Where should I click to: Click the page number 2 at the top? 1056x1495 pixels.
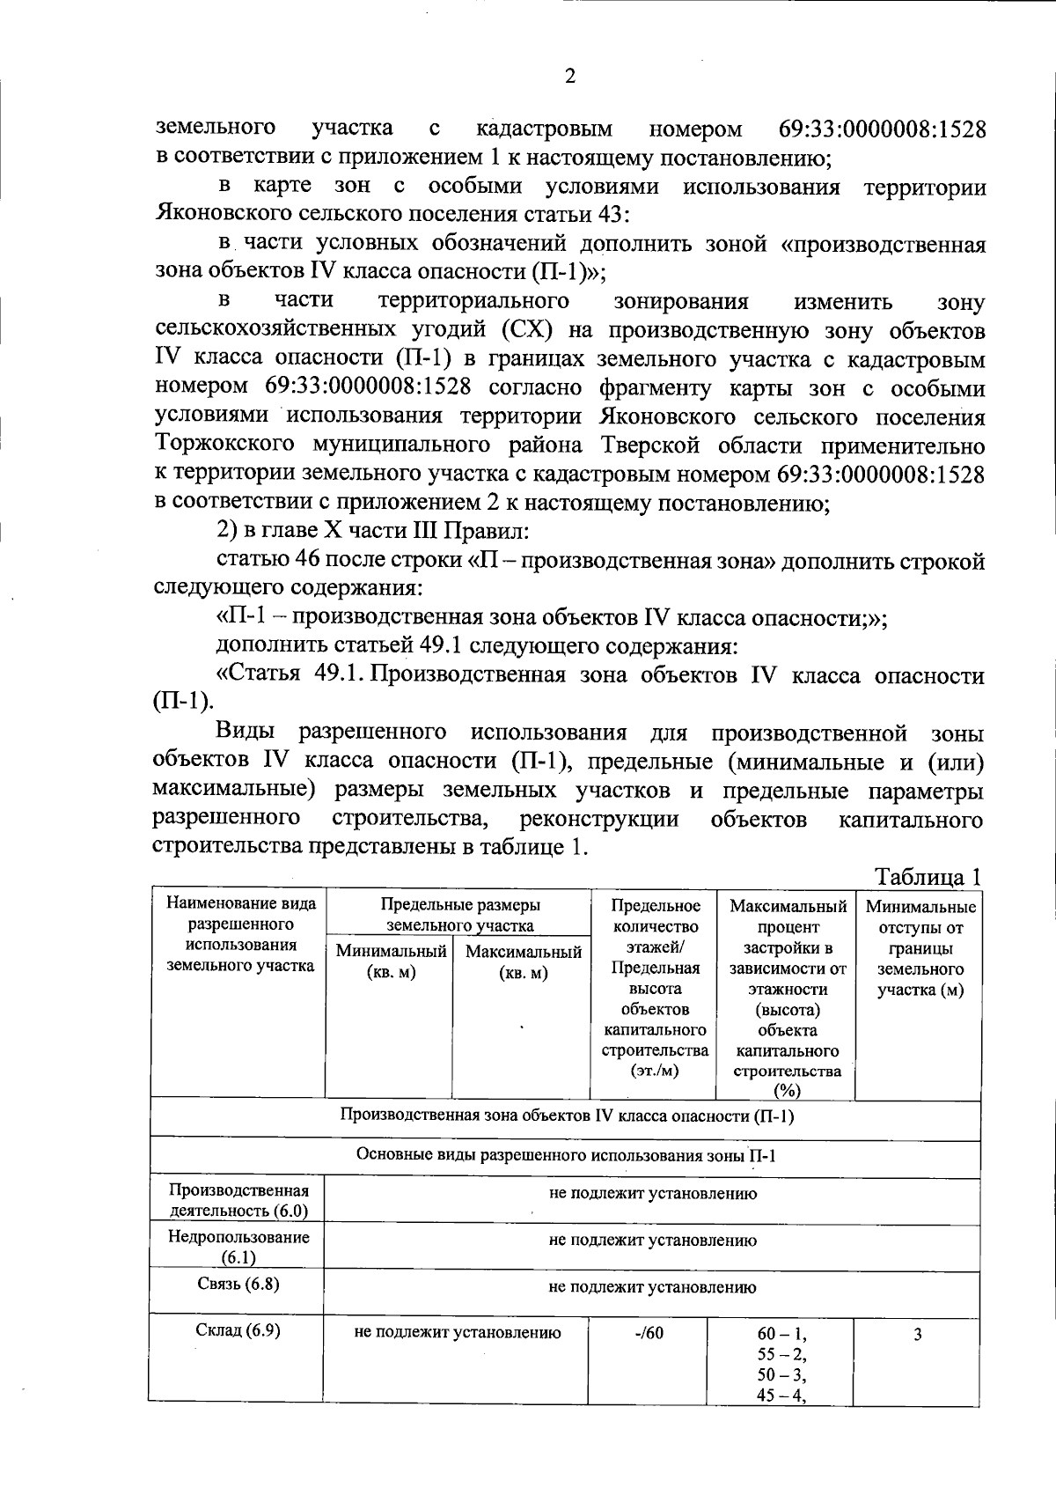click(569, 77)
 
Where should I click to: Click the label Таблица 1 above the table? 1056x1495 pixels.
click(928, 878)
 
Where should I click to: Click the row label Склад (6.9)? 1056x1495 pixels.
click(238, 1331)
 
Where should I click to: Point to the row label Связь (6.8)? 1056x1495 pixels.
click(238, 1284)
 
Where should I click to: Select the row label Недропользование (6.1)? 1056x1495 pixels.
click(238, 1247)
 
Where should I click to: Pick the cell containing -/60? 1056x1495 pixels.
click(649, 1333)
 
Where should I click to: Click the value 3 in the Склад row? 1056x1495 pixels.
click(917, 1335)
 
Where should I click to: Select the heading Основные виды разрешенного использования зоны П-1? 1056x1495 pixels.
click(566, 1156)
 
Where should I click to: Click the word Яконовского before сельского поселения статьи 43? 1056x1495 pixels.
click(223, 215)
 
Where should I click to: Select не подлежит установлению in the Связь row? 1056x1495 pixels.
click(652, 1287)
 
